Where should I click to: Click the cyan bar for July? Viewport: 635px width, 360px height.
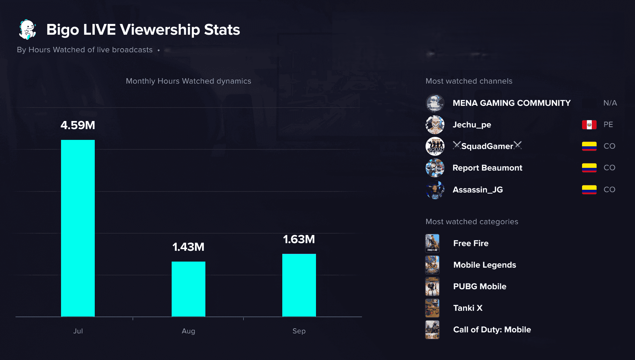(78, 228)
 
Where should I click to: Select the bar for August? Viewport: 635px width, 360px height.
(189, 289)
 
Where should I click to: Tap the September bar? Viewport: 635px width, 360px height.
(299, 285)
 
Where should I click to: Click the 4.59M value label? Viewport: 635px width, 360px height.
(78, 125)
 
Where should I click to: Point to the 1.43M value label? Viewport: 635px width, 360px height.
(189, 247)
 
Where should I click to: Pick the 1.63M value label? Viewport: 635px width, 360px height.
(299, 239)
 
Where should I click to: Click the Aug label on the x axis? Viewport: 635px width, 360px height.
(189, 331)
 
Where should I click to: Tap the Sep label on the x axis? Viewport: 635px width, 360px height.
(299, 331)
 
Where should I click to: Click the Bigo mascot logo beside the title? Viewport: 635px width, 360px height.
(27, 29)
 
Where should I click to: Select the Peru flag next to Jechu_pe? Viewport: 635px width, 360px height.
(589, 125)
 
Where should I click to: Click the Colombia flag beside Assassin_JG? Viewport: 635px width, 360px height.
(589, 190)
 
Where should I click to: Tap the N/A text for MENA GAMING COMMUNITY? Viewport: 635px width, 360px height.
(610, 103)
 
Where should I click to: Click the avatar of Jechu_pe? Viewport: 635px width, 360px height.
(435, 125)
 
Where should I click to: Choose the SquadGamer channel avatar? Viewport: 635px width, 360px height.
(435, 146)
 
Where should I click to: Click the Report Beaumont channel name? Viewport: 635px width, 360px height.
(487, 168)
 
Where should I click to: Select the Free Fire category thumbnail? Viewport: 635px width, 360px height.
(432, 243)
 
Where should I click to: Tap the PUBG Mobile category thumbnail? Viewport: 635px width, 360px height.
(432, 287)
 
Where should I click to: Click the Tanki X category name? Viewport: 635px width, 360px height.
(468, 308)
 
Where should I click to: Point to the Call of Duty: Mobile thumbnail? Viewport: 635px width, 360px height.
(432, 330)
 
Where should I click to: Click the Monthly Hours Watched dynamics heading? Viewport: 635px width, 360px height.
(189, 81)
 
